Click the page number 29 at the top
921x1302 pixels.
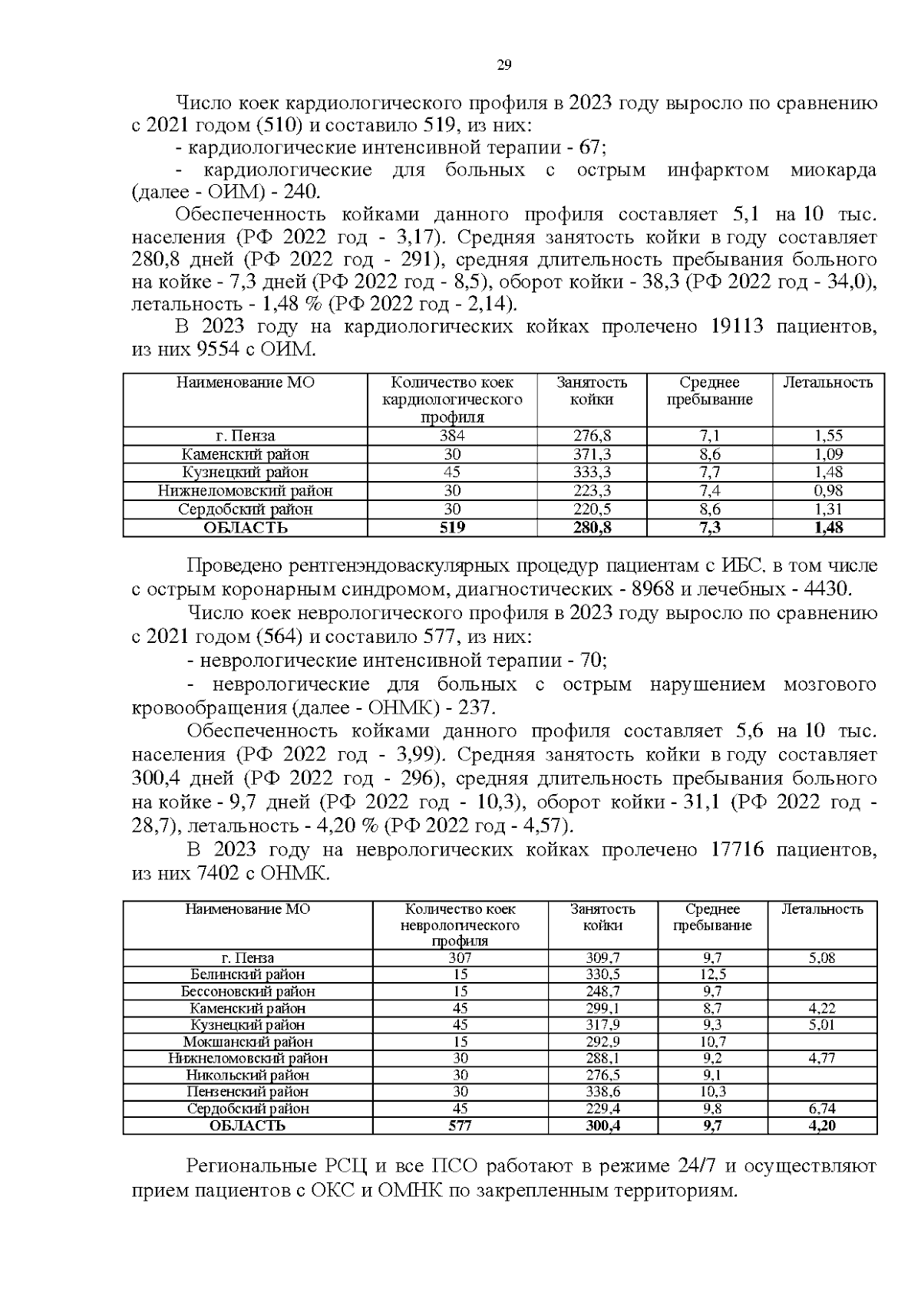pyautogui.click(x=504, y=65)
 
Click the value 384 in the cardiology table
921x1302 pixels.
pyautogui.click(x=452, y=435)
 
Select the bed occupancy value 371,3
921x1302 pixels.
pyautogui.click(x=592, y=453)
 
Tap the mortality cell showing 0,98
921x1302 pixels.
pyautogui.click(x=828, y=490)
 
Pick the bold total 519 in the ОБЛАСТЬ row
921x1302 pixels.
pyautogui.click(x=452, y=528)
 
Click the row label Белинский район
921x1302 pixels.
pyautogui.click(x=247, y=974)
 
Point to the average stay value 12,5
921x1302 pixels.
pyautogui.click(x=714, y=974)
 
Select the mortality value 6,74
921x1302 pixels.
pyautogui.click(x=822, y=1109)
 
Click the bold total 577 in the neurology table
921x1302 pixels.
pyautogui.click(x=460, y=1126)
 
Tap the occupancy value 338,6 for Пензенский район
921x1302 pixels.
pyautogui.click(x=602, y=1092)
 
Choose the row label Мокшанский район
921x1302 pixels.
pyautogui.click(x=247, y=1042)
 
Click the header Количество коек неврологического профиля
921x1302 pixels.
pyautogui.click(x=460, y=925)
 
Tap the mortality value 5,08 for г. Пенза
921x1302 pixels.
pyautogui.click(x=822, y=958)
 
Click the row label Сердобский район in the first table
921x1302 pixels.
pyautogui.click(x=245, y=509)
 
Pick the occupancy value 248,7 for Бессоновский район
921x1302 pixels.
pyautogui.click(x=602, y=991)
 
